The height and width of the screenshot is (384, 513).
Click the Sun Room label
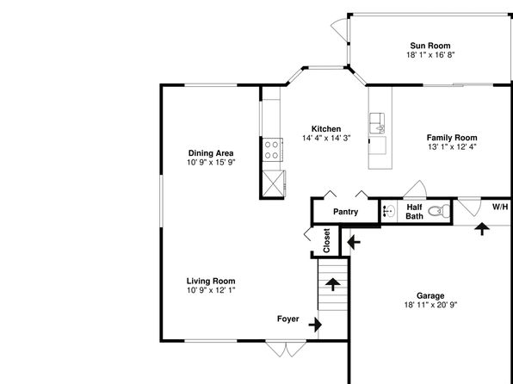point(430,46)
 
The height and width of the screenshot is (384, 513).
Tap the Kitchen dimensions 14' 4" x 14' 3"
point(326,138)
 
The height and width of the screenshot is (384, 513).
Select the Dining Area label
point(211,153)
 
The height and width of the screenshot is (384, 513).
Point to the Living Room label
point(211,281)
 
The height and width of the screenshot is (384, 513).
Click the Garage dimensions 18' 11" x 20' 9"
point(430,305)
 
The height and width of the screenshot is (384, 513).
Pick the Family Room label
point(452,138)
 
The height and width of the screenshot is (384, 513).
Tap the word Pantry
point(345,212)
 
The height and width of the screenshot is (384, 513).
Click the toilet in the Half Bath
point(439,211)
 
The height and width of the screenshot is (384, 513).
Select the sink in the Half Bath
point(389,212)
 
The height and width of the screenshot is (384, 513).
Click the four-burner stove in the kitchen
point(272,150)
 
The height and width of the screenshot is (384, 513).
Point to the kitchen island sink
point(377,123)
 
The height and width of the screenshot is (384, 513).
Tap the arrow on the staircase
point(333,284)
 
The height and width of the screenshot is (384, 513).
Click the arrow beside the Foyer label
point(315,325)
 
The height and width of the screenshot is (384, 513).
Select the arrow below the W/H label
point(482,229)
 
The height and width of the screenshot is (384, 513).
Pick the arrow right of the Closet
point(354,243)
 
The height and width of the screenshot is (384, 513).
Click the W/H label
point(500,207)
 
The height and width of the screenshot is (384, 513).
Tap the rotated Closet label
point(326,240)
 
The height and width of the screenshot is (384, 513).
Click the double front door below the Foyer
point(286,349)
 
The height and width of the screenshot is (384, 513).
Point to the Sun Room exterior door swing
point(340,29)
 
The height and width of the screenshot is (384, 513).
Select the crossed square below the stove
point(273,183)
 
